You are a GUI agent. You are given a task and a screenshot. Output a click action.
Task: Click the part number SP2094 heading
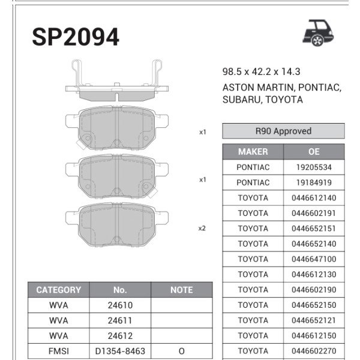tap(76, 37)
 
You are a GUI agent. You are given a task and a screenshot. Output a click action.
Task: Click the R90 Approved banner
tap(283, 131)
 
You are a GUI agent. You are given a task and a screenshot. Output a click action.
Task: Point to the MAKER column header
tap(253, 152)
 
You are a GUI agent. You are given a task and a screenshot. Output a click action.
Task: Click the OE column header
tap(314, 152)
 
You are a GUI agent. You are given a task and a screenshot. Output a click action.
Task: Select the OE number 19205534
tap(314, 167)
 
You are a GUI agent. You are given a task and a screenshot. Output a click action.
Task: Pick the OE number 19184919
tap(314, 182)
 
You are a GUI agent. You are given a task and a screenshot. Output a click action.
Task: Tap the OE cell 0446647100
tap(314, 259)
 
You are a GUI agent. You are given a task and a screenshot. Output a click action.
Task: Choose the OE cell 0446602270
tap(314, 351)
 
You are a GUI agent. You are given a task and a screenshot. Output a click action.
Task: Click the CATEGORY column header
tap(58, 290)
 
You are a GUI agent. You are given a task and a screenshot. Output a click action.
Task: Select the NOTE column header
tap(181, 290)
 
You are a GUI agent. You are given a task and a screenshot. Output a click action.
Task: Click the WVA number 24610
tap(121, 305)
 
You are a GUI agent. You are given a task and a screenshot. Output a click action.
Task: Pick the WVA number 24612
tap(121, 336)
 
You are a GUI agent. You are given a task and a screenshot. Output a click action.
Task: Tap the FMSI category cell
tap(58, 351)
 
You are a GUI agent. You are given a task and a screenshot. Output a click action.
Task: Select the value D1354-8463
tap(121, 351)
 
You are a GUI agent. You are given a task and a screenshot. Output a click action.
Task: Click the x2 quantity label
tap(202, 228)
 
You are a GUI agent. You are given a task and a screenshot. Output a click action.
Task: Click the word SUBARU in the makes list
tap(240, 100)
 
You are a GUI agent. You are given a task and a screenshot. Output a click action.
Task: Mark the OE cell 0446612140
tap(314, 198)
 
